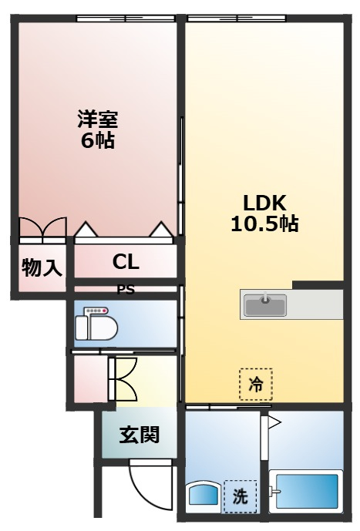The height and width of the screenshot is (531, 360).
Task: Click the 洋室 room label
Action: [x=97, y=120]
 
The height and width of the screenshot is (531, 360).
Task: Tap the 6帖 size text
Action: [x=97, y=141]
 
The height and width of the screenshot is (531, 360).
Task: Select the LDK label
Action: [x=264, y=203]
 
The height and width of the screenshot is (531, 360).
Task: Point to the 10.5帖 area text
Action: [x=264, y=224]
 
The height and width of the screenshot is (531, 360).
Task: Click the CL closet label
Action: [x=126, y=262]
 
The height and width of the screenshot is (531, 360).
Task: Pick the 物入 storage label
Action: [x=41, y=267]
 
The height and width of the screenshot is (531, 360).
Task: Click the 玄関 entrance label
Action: [x=139, y=435]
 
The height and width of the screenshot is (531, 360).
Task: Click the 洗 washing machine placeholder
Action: [x=240, y=496]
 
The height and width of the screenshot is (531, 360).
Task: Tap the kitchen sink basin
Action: [x=265, y=305]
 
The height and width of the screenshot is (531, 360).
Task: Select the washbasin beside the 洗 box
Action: [x=203, y=496]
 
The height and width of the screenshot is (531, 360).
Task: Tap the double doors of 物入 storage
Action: [x=43, y=229]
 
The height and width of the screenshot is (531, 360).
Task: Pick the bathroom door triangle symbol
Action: [x=274, y=422]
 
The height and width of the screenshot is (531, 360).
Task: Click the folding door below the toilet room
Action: [x=122, y=378]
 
